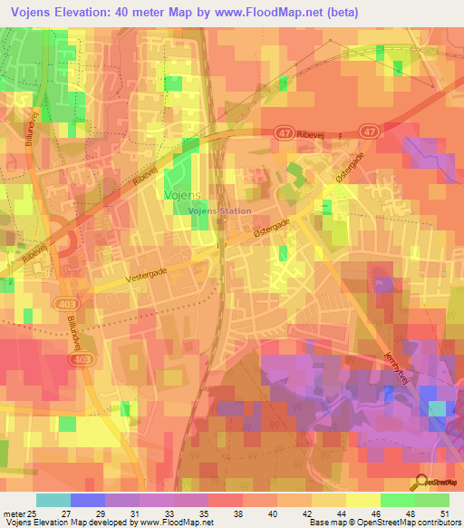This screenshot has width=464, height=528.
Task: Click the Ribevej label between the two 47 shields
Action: tap(333, 132)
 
